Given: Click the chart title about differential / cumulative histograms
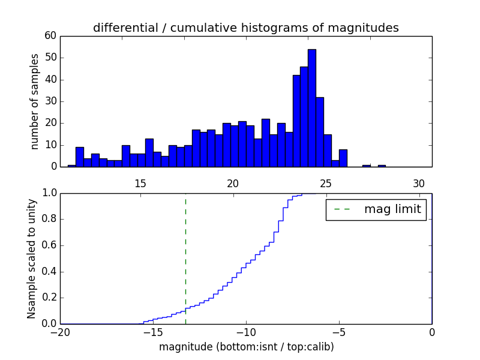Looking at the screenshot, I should point(246,28).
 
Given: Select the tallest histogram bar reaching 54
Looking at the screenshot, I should point(311,108).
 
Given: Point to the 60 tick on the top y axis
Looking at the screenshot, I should point(50,36).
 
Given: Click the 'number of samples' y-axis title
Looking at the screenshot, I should point(35,101).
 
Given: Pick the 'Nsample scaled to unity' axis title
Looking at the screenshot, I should point(31,259).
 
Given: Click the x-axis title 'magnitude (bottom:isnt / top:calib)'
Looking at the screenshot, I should point(246,347).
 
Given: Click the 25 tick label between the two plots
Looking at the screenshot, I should point(326,183).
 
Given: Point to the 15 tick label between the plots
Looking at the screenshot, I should point(140,183).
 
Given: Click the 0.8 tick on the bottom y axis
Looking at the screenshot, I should point(49,219).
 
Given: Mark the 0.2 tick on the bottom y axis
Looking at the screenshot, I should point(49,298).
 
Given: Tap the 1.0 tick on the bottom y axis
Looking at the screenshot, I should point(49,193).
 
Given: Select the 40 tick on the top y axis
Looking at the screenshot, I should point(50,80).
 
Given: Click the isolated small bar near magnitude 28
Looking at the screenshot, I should point(382,166).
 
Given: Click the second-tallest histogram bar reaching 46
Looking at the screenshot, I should point(304,117).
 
